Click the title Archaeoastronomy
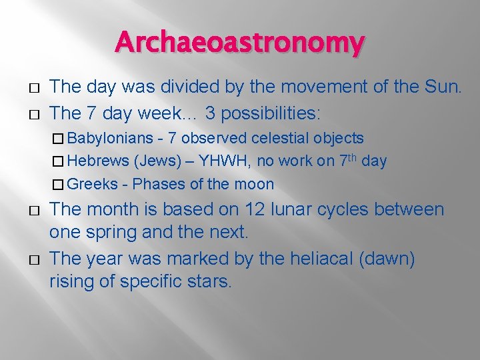tap(240, 43)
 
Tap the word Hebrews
tap(98, 161)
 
